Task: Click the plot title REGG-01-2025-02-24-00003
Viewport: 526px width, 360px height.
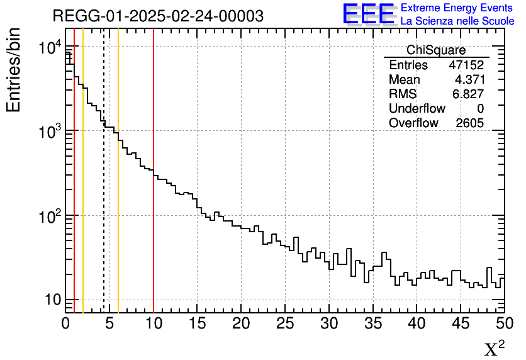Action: click(x=158, y=16)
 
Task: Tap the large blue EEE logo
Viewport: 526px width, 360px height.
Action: click(x=368, y=14)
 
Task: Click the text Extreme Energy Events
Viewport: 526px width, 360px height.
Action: click(x=457, y=8)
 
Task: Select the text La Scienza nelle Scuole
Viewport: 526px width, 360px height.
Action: click(x=457, y=21)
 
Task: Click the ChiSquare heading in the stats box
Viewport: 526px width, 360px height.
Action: click(x=435, y=50)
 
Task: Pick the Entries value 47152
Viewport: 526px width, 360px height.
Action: click(x=466, y=65)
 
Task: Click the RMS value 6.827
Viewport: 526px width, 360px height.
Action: click(x=469, y=94)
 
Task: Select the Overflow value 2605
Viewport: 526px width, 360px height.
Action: click(x=469, y=123)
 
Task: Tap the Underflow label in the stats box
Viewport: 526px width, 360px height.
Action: click(x=417, y=109)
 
